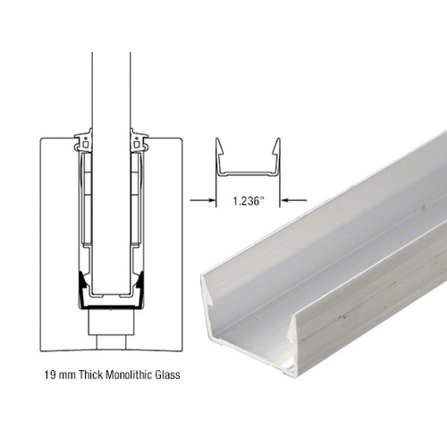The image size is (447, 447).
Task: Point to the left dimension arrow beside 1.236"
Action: point(198,200)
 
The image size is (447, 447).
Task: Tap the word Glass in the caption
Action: point(167,375)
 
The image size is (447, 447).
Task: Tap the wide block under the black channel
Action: point(112,316)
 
